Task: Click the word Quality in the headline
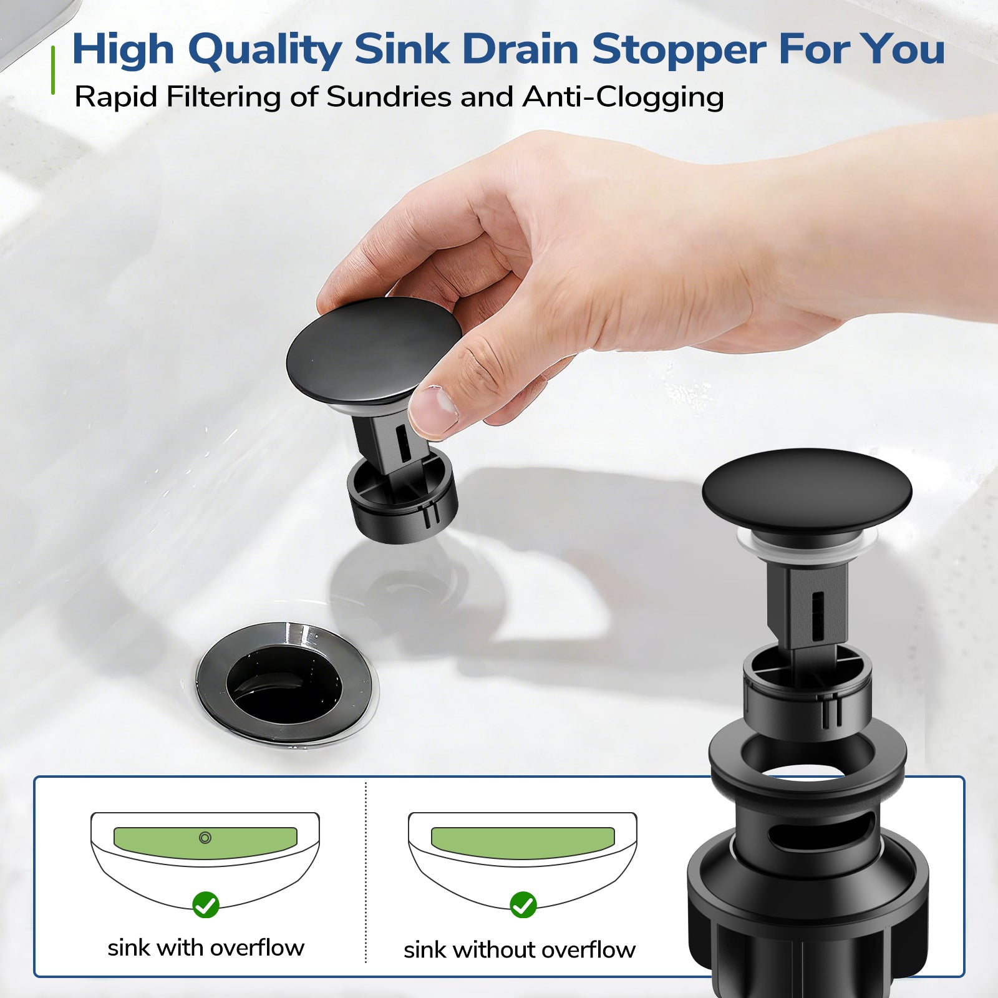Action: pyautogui.click(x=265, y=51)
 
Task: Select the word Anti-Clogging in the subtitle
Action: pyautogui.click(x=623, y=98)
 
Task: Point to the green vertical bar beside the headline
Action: pyautogui.click(x=53, y=70)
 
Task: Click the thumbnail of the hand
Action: pyautogui.click(x=432, y=410)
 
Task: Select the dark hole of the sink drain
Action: pyautogui.click(x=284, y=684)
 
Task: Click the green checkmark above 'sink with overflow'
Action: pyautogui.click(x=206, y=904)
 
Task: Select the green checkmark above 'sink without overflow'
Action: pyautogui.click(x=523, y=904)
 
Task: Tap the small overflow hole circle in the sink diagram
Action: pyautogui.click(x=205, y=838)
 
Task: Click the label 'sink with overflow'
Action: pyautogui.click(x=206, y=948)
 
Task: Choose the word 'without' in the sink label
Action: pyautogui.click(x=494, y=950)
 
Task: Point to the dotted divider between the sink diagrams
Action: pyautogui.click(x=366, y=873)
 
